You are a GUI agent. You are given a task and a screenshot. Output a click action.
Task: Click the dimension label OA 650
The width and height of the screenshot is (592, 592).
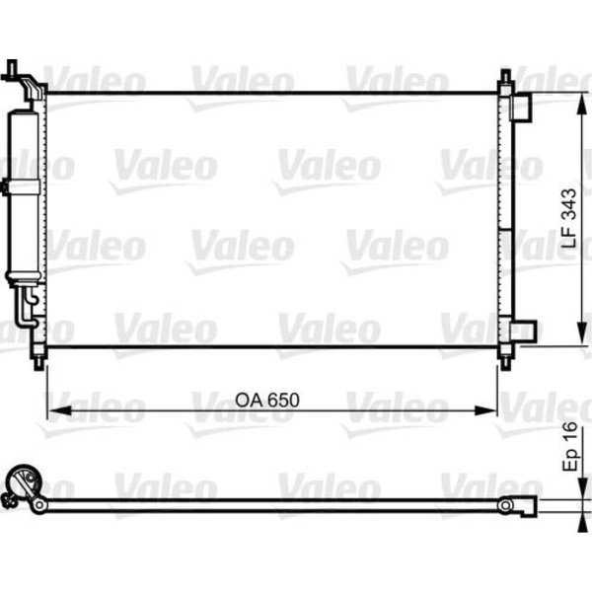coord(267,401)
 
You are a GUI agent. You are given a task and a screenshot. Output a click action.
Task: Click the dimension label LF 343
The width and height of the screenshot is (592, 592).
coord(569,218)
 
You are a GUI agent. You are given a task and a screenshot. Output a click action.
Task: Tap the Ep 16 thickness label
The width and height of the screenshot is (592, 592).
coord(569,447)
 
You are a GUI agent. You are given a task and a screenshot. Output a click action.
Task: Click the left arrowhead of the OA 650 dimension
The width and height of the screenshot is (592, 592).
coord(59,410)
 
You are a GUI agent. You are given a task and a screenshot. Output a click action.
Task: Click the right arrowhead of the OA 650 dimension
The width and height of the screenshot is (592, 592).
coord(484,410)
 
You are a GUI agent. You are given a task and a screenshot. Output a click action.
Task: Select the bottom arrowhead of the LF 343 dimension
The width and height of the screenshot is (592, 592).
coord(582,332)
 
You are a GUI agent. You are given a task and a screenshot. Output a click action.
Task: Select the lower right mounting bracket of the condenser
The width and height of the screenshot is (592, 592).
coord(523,332)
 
